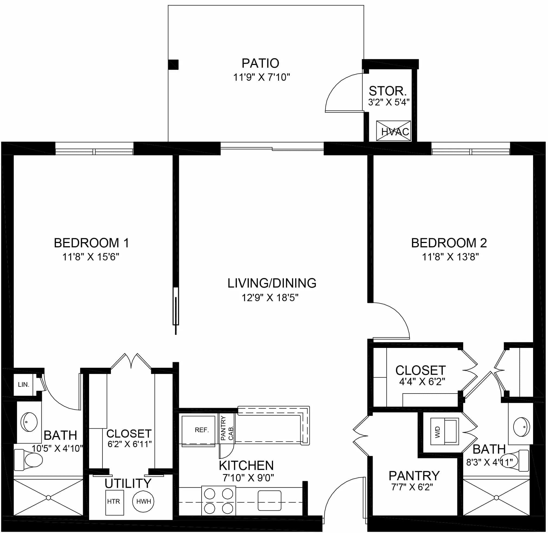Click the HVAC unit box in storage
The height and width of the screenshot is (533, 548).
pos(393,131)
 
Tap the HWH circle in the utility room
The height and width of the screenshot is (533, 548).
pos(143,501)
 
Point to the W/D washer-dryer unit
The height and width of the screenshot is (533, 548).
pos(444,431)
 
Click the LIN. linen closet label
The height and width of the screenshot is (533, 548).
pos(24,385)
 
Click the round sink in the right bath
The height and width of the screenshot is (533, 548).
pos(521,427)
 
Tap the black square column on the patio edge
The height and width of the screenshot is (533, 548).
pos(173,65)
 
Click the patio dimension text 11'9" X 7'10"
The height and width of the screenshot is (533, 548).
pos(261,77)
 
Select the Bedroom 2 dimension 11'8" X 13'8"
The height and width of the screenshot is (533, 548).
pos(450,257)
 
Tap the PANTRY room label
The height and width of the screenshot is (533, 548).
pos(414,476)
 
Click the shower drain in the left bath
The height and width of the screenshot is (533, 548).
pos(48,497)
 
